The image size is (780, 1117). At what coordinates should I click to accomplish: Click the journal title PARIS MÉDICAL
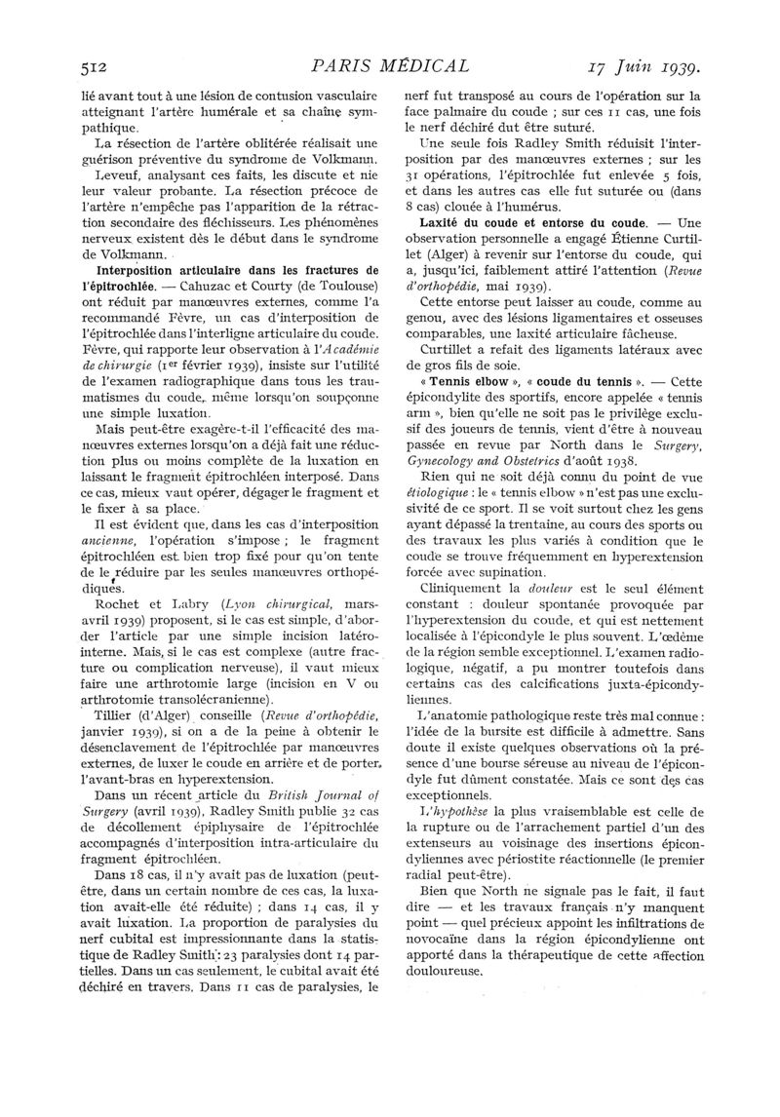coord(388,67)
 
